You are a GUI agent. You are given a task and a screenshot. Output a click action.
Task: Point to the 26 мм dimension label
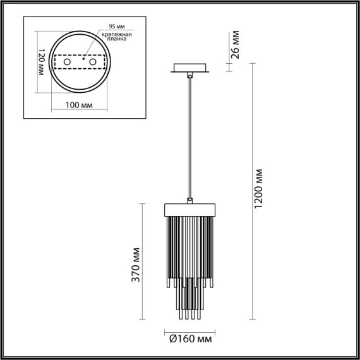point(236,44)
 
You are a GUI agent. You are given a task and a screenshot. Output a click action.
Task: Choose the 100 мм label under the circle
point(78,104)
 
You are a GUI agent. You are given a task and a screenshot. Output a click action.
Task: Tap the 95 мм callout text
point(115,27)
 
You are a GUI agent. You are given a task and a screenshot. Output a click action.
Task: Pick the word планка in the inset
point(116,39)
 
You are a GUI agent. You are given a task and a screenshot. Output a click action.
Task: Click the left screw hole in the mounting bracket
point(66,63)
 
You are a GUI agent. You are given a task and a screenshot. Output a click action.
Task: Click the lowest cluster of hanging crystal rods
point(190,306)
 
